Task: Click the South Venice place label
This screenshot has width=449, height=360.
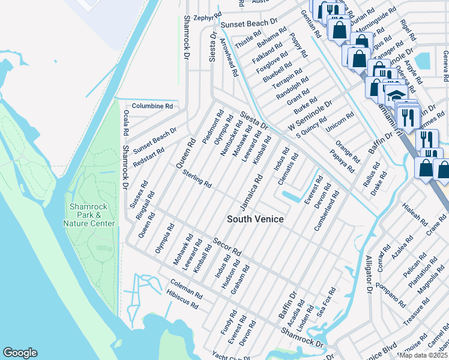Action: [255, 219]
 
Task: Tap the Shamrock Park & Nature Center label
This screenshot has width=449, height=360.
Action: [89, 215]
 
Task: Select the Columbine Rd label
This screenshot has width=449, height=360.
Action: [152, 106]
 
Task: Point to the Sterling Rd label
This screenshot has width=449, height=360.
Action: [197, 178]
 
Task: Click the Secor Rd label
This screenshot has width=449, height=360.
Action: [228, 245]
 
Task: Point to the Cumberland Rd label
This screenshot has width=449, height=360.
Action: [327, 211]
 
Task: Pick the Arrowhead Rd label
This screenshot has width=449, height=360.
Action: [229, 58]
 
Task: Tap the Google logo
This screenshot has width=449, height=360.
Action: [20, 353]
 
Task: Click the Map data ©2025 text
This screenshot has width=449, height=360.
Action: [423, 355]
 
